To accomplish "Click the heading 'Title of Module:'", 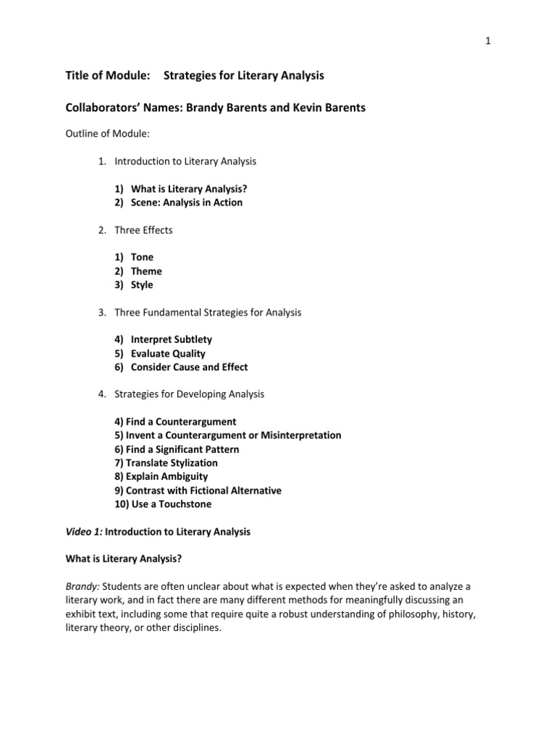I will point(108,75).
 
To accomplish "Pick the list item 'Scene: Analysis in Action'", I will point(186,203).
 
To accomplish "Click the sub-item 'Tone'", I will point(142,257).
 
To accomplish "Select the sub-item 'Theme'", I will point(146,271).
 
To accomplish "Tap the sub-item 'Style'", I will point(142,285).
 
